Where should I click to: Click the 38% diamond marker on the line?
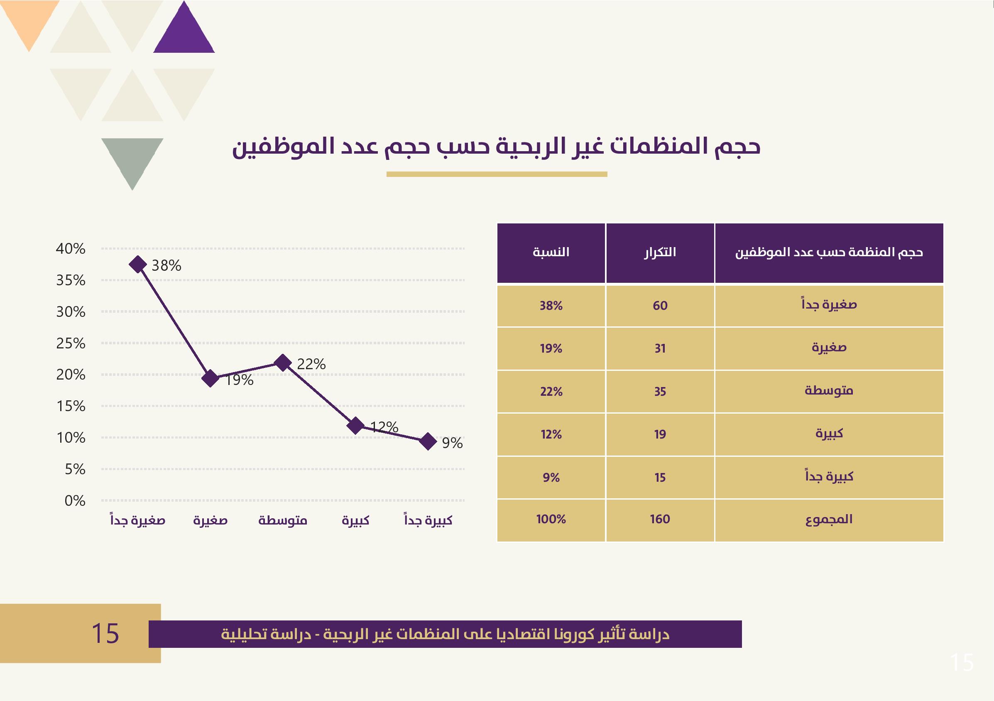(x=138, y=264)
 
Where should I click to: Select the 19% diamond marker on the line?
(x=211, y=378)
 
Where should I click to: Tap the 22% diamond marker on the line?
(x=283, y=363)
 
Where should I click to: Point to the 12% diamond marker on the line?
(x=355, y=426)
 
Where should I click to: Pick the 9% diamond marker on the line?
(x=428, y=441)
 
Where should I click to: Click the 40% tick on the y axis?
(x=71, y=248)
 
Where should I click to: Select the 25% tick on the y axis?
(x=71, y=343)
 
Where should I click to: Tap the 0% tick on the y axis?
(x=75, y=500)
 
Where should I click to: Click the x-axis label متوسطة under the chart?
(x=283, y=520)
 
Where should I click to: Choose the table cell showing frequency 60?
(x=660, y=306)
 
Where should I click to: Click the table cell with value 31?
(x=660, y=348)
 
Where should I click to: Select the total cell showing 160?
(x=660, y=519)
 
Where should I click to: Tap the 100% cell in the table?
(x=551, y=519)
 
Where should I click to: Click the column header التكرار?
(x=660, y=252)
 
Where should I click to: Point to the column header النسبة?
(x=551, y=252)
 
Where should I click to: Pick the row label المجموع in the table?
(x=829, y=519)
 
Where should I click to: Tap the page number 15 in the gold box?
(x=105, y=633)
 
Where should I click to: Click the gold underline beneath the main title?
(x=497, y=174)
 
